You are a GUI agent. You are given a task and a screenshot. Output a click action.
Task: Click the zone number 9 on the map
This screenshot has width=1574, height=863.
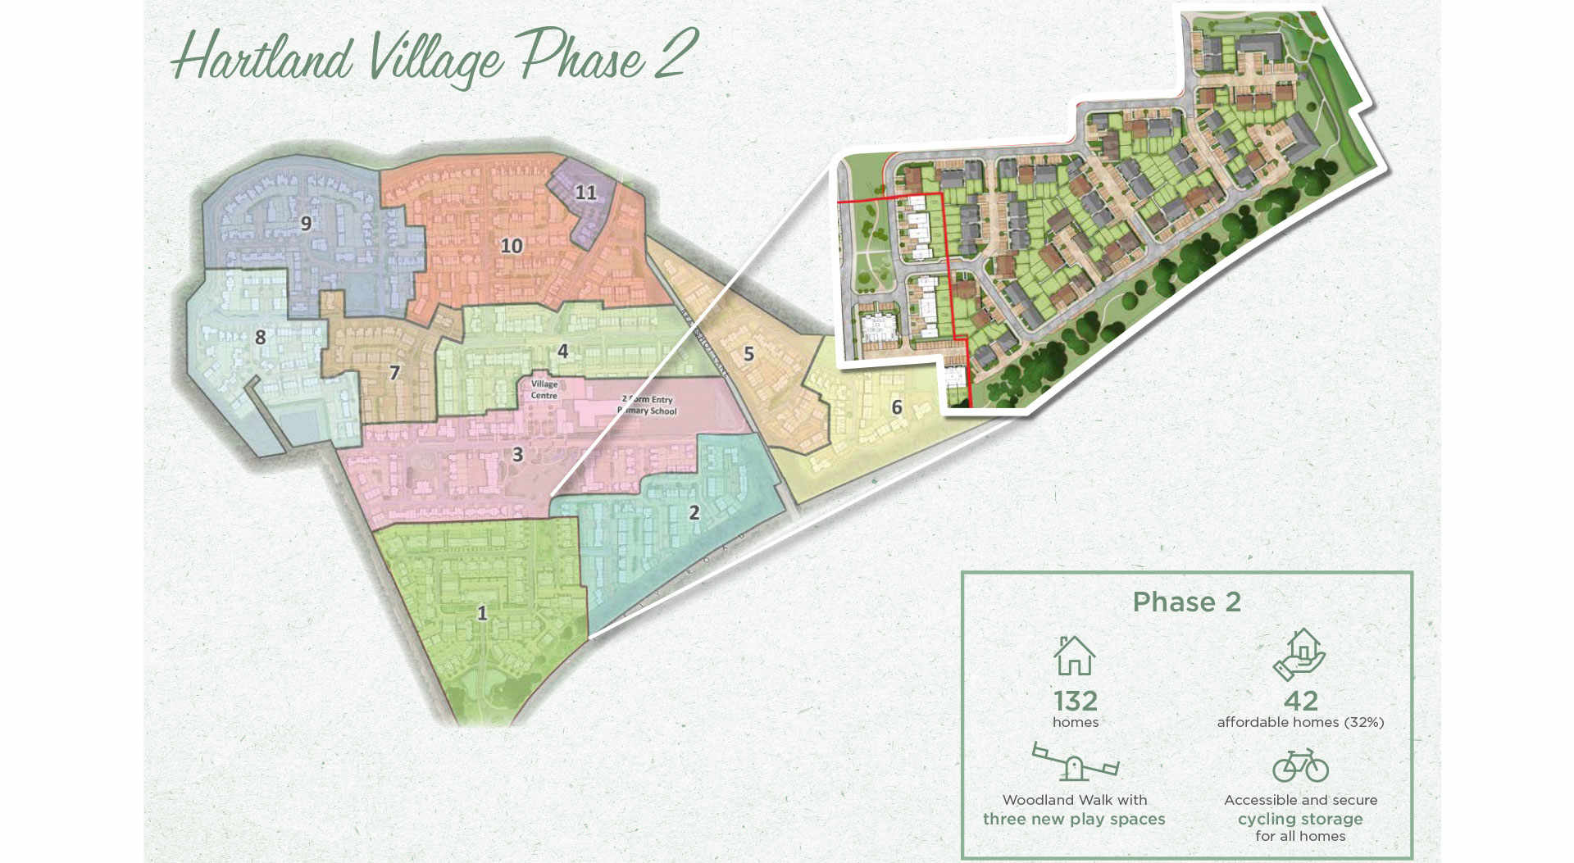tap(306, 223)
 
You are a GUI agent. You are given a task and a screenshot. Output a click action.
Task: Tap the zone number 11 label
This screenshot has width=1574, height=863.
tap(585, 193)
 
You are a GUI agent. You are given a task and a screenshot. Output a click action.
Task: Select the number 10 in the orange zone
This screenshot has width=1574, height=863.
tap(512, 246)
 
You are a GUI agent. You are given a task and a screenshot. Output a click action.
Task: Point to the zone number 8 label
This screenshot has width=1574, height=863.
tap(260, 337)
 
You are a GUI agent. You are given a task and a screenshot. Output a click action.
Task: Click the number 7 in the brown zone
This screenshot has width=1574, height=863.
tap(394, 374)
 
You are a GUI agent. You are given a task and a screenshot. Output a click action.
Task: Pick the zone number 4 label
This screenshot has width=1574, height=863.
tap(562, 352)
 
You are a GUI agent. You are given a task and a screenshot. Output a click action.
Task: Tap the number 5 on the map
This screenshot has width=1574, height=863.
tap(748, 354)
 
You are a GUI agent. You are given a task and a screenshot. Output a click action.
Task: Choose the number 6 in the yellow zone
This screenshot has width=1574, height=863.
tap(897, 407)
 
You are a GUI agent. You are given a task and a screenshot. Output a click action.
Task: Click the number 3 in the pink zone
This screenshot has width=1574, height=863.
tap(517, 455)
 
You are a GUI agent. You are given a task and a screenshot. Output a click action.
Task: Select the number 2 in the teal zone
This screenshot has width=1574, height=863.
tap(694, 513)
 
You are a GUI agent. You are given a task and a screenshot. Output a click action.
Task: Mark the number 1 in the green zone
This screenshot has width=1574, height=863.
tap(482, 613)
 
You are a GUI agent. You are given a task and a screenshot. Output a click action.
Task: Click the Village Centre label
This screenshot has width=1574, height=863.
tap(544, 389)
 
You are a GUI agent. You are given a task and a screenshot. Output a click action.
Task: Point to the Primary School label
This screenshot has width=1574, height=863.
tap(648, 406)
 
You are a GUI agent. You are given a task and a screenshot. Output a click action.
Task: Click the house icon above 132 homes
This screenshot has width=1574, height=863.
tap(1074, 656)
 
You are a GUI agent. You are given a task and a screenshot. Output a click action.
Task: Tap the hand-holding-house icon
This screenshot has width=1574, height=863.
tap(1299, 654)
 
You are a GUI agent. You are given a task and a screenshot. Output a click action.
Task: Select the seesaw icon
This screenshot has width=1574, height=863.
tap(1075, 761)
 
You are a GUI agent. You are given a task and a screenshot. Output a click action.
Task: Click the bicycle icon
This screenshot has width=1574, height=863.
tap(1300, 765)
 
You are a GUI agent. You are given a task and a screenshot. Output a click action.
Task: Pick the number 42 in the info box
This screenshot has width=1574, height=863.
tap(1301, 701)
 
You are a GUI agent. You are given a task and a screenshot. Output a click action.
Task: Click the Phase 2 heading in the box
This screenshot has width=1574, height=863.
tap(1186, 602)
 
